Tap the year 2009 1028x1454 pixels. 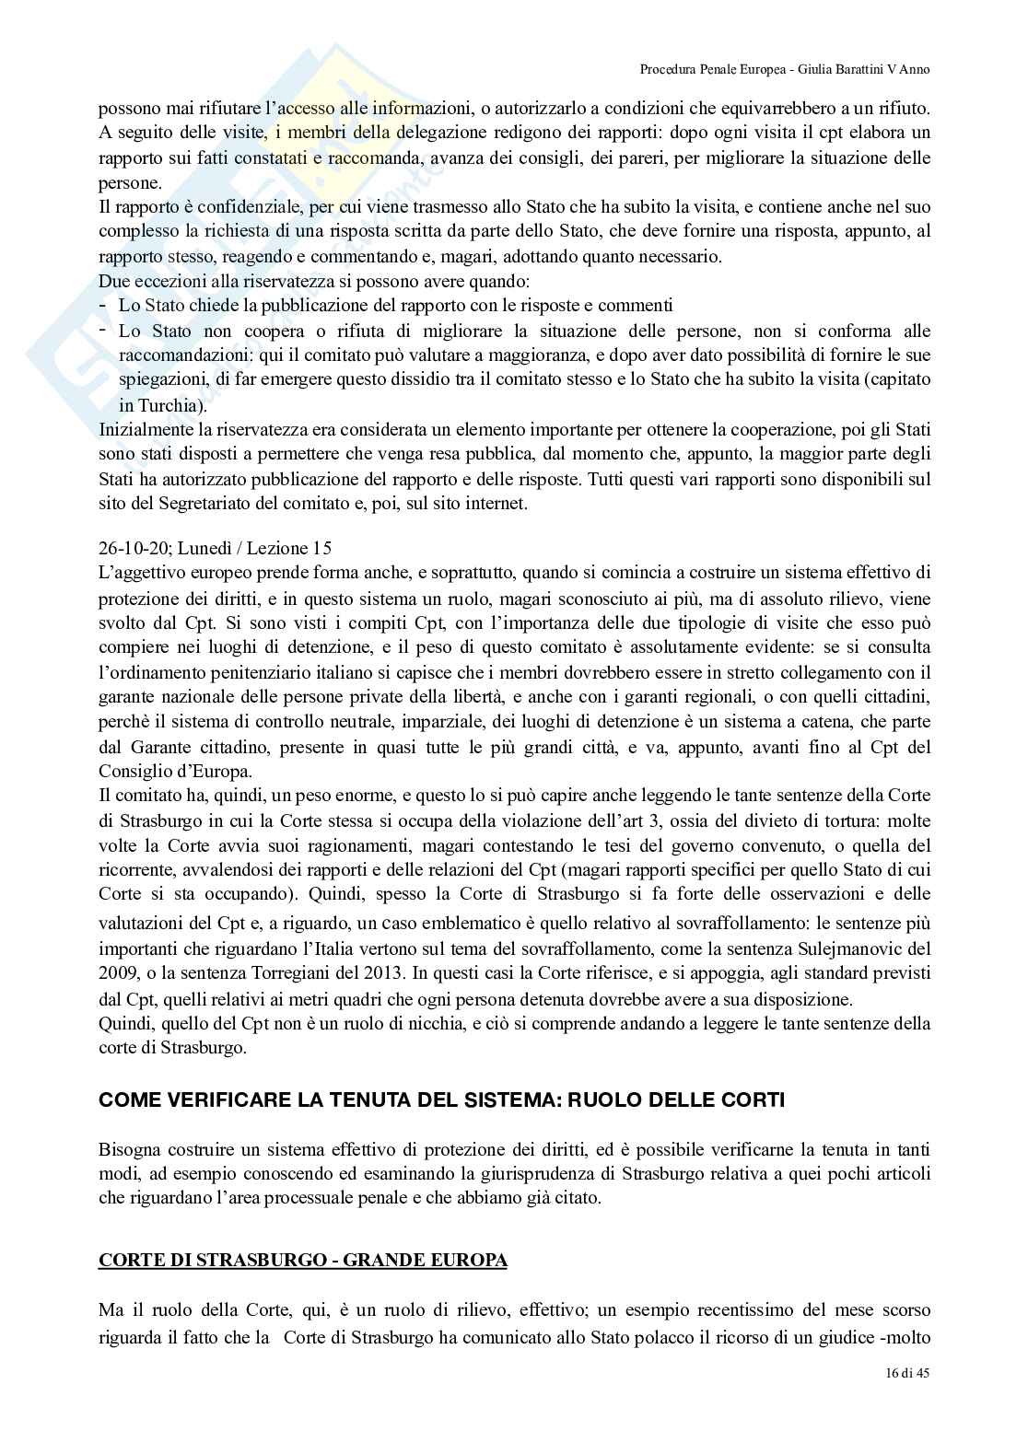click(117, 972)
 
